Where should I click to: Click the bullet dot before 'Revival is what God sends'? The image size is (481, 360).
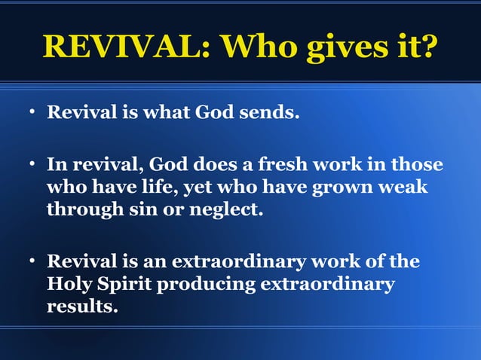tap(33, 114)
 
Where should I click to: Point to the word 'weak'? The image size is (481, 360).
tap(404, 186)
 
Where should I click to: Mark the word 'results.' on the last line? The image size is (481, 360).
tap(82, 307)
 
